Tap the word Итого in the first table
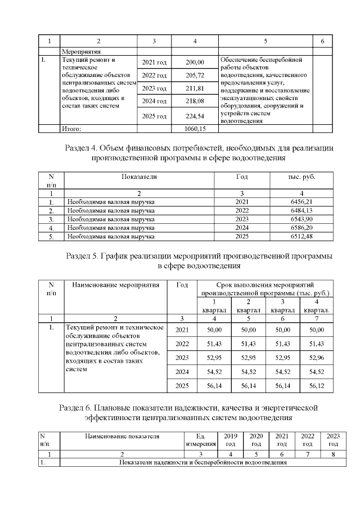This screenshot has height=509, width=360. pos(71,129)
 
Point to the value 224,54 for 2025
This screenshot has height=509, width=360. pos(195,116)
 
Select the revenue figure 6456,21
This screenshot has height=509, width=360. pos(301,201)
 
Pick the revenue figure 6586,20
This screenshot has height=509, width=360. pos(301,228)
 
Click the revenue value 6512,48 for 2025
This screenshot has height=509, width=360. pos(301,237)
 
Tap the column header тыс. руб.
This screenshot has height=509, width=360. pos(301,177)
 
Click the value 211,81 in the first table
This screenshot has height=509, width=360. pos(195,88)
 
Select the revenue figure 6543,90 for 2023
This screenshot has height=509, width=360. pos(301,219)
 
